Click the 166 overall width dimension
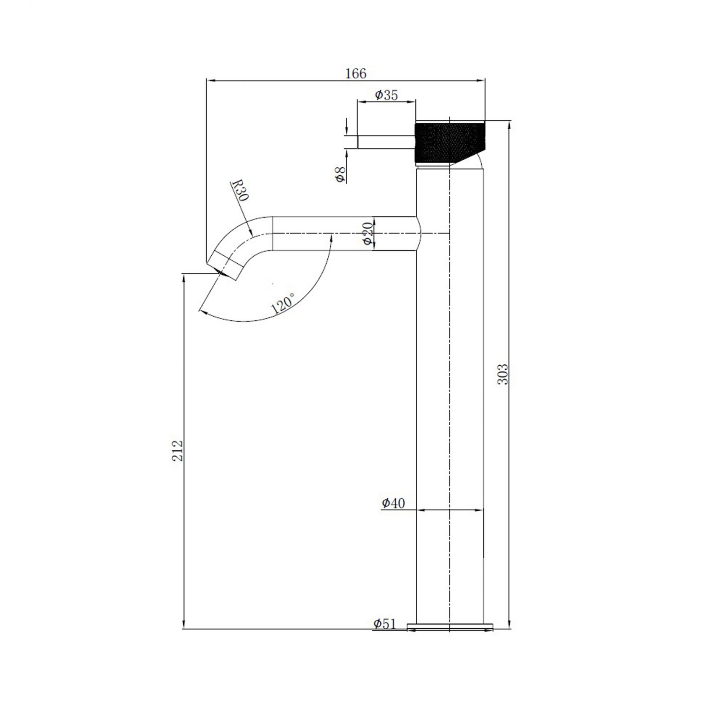(356, 74)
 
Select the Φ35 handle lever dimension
(386, 95)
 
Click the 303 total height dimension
(503, 374)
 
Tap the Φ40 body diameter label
(393, 503)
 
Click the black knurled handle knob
(449, 142)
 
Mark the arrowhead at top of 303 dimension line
(509, 124)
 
